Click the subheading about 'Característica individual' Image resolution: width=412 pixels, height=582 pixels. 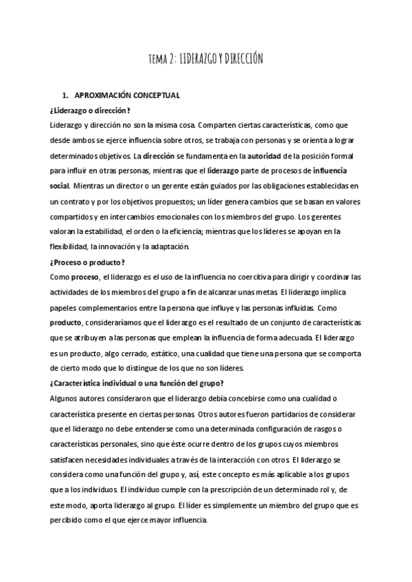tap(137, 382)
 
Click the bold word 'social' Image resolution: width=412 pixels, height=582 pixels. tap(60, 185)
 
